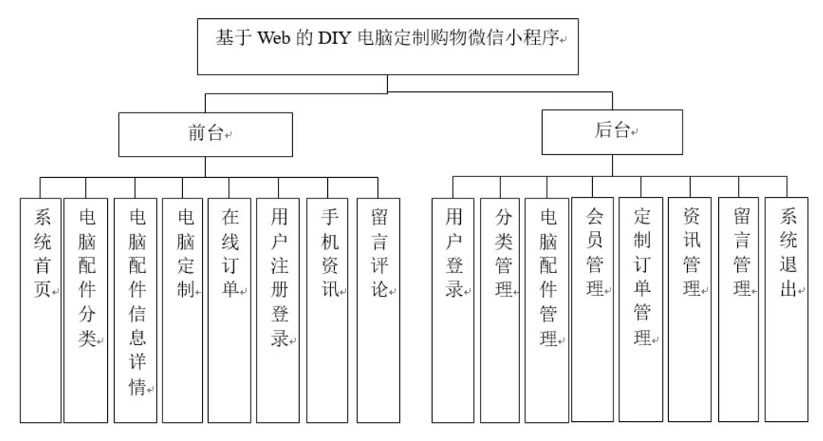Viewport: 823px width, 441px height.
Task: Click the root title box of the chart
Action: pos(387,47)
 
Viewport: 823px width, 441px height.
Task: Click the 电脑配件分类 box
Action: pos(86,310)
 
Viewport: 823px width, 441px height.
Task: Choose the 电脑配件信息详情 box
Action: pos(135,310)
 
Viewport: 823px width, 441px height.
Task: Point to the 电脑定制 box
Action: pos(183,310)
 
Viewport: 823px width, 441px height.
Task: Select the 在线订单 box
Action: pos(229,310)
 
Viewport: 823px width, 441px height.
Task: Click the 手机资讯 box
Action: pos(327,310)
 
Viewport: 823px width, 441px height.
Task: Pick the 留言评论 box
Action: pos(377,310)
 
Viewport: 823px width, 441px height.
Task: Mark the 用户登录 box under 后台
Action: pos(452,310)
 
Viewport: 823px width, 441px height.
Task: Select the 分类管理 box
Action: pos(500,310)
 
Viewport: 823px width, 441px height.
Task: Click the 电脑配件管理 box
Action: pos(547,310)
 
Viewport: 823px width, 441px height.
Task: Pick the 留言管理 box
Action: pos(739,310)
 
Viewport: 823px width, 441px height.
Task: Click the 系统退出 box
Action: pos(787,310)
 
